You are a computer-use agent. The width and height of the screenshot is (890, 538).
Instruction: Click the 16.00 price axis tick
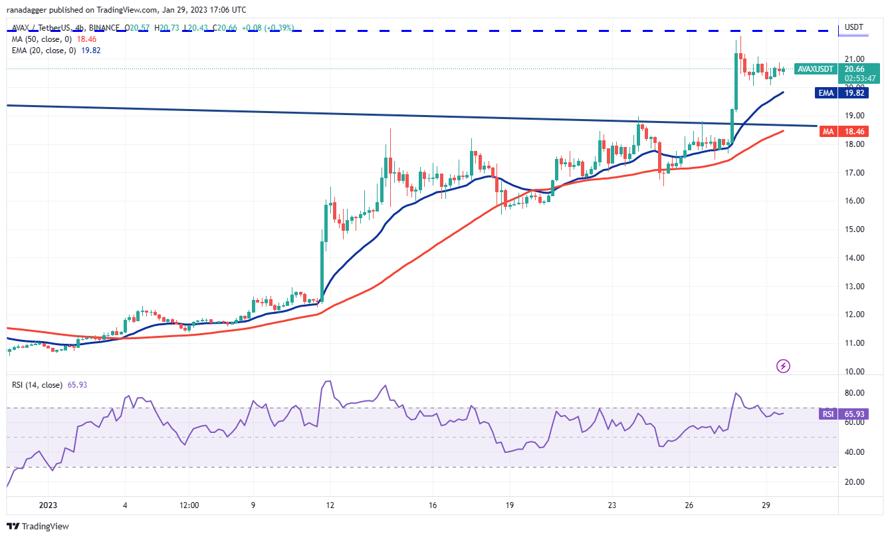pyautogui.click(x=853, y=201)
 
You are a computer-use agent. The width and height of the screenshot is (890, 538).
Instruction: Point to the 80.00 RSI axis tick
pyautogui.click(x=853, y=392)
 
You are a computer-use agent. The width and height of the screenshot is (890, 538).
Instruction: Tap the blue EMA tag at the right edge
pyautogui.click(x=826, y=94)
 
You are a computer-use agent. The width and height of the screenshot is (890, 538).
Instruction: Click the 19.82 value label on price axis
pyautogui.click(x=855, y=94)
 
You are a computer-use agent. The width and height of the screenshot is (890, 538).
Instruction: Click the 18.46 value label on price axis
pyautogui.click(x=855, y=132)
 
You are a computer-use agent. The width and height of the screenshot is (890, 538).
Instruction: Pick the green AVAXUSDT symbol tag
pyautogui.click(x=816, y=69)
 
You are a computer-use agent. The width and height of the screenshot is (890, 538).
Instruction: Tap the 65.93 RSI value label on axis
pyautogui.click(x=855, y=414)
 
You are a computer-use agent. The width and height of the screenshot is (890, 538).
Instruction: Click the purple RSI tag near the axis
pyautogui.click(x=828, y=414)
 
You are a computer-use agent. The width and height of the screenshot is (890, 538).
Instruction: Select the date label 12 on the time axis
pyautogui.click(x=330, y=505)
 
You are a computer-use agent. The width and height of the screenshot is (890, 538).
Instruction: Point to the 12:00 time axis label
pyautogui.click(x=189, y=505)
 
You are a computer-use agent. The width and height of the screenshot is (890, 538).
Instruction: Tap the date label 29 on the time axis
pyautogui.click(x=766, y=505)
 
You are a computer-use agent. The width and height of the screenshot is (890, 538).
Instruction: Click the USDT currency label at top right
pyautogui.click(x=853, y=27)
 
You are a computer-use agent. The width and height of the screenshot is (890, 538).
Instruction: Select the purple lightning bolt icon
pyautogui.click(x=783, y=365)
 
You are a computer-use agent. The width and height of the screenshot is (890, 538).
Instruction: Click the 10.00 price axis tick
pyautogui.click(x=853, y=371)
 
